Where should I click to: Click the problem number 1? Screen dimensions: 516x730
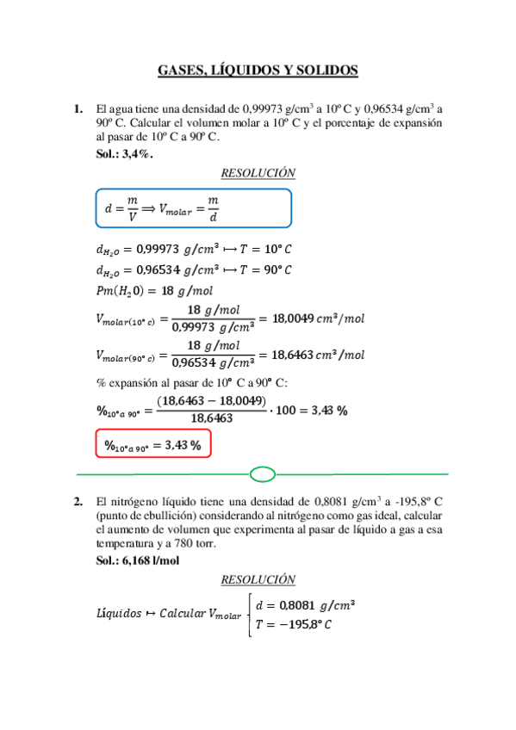click(78, 109)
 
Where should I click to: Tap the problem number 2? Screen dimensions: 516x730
click(78, 501)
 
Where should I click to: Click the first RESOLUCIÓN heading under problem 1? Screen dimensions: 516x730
click(258, 173)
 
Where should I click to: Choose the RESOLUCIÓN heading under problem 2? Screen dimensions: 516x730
click(258, 579)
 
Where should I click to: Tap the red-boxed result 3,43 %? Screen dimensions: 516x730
click(152, 445)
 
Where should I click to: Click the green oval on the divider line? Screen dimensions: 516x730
click(262, 473)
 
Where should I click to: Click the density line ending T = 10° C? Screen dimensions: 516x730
click(194, 250)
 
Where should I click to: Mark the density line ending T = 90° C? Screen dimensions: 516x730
click(194, 269)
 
